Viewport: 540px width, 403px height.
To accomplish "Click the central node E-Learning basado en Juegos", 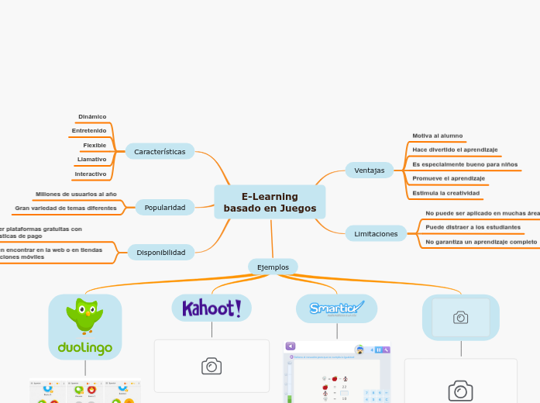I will pyautogui.click(x=270, y=202).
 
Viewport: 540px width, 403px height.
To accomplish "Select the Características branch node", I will pyautogui.click(x=160, y=152).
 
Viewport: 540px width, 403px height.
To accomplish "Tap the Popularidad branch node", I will pyautogui.click(x=165, y=208).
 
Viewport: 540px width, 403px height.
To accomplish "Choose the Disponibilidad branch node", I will pyautogui.click(x=161, y=253).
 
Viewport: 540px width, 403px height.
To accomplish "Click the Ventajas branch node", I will pyautogui.click(x=369, y=170).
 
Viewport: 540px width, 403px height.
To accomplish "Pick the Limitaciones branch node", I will pyautogui.click(x=376, y=233).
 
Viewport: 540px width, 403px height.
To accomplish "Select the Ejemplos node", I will pyautogui.click(x=273, y=267).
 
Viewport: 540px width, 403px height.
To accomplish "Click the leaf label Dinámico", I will pyautogui.click(x=92, y=117).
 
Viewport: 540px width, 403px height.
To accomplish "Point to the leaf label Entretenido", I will pyautogui.click(x=89, y=131).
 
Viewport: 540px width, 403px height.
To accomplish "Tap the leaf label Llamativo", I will pyautogui.click(x=91, y=160).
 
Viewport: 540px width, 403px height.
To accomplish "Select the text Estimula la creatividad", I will pyautogui.click(x=445, y=193).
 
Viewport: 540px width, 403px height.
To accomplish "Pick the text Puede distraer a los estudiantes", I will pyautogui.click(x=473, y=227).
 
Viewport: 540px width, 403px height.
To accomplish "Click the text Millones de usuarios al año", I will pyautogui.click(x=76, y=194).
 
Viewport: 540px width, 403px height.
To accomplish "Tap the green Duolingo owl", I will pyautogui.click(x=85, y=315).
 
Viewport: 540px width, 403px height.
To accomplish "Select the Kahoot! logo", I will pyautogui.click(x=212, y=308).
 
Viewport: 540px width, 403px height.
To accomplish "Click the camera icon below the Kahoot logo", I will pyautogui.click(x=212, y=367).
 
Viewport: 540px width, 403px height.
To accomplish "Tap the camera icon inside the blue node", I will pyautogui.click(x=461, y=317).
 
